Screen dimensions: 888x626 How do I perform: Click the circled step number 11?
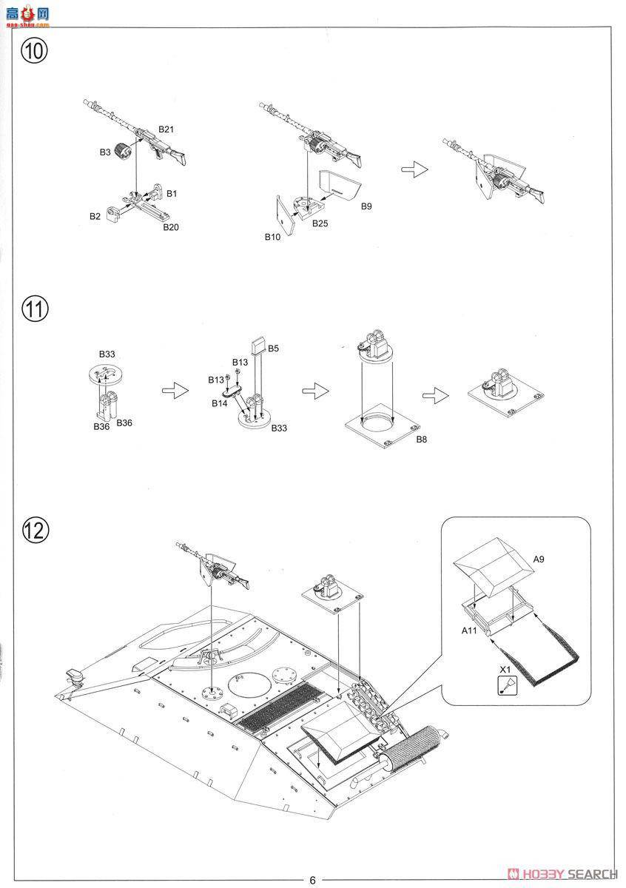pos(34,309)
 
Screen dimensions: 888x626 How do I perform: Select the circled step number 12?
pos(34,529)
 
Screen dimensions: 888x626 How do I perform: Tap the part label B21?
pos(166,129)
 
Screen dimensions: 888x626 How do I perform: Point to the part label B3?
pos(105,152)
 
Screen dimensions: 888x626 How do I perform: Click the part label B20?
pos(171,227)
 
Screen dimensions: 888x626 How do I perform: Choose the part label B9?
pos(366,206)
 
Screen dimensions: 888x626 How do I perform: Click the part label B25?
pos(320,223)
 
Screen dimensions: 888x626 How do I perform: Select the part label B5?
pos(273,348)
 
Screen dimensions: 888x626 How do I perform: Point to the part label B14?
pos(220,403)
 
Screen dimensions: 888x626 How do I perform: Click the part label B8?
pos(421,439)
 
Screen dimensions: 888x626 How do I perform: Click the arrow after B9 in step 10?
pos(415,169)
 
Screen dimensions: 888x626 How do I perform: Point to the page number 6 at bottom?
pos(312,880)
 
